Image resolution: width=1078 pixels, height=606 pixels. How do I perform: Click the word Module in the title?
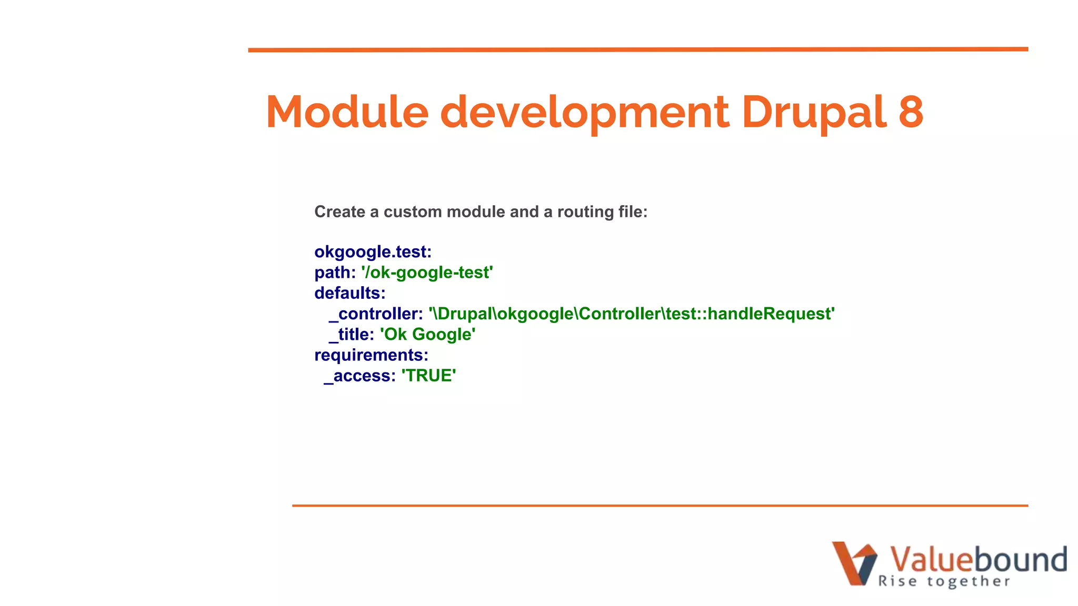coord(347,112)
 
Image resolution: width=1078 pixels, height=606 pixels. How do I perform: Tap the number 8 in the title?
coord(911,112)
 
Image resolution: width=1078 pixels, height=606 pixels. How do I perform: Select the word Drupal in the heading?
coord(814,112)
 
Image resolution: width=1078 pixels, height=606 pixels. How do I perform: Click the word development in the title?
coord(584,112)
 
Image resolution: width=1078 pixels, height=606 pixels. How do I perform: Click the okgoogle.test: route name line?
coord(373,252)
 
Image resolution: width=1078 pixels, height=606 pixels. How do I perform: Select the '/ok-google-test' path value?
coord(427,272)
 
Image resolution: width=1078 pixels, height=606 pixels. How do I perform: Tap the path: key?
coord(335,272)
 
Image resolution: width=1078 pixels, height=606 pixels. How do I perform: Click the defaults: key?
coord(350,293)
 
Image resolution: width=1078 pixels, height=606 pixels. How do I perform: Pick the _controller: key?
coord(376,314)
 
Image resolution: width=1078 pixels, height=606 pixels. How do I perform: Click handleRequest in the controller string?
coord(770,314)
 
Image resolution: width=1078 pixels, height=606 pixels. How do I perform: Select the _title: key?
coord(352,335)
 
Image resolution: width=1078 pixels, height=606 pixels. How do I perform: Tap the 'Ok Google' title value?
coord(427,335)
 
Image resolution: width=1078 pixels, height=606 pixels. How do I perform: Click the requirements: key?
coord(371,355)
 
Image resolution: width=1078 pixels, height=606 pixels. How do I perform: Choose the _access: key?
coord(360,376)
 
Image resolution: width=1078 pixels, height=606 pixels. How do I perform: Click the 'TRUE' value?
coord(428,376)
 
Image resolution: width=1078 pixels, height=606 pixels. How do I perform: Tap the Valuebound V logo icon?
coord(854,563)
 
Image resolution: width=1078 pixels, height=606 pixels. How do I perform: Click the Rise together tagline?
coord(944,581)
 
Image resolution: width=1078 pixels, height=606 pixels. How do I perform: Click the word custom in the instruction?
coord(414,212)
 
